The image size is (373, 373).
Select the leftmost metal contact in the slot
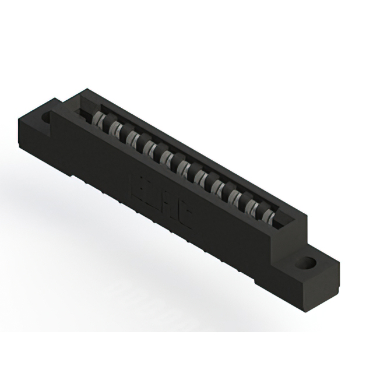[x=100, y=121]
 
